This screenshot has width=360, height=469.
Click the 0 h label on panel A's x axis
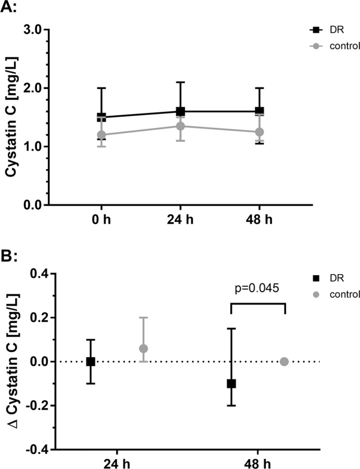(x=101, y=223)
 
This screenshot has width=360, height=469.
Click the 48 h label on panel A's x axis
(x=259, y=223)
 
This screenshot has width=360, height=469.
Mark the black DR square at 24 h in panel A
(x=180, y=111)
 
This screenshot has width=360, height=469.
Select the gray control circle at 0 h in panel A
(x=101, y=135)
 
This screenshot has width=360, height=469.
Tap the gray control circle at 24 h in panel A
(x=180, y=126)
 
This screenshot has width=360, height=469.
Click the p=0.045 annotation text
(x=258, y=288)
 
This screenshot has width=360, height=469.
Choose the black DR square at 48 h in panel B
(x=231, y=383)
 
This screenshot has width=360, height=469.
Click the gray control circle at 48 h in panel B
(x=284, y=362)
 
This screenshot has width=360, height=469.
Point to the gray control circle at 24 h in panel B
(x=143, y=348)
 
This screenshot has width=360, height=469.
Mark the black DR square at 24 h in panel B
(x=91, y=362)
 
